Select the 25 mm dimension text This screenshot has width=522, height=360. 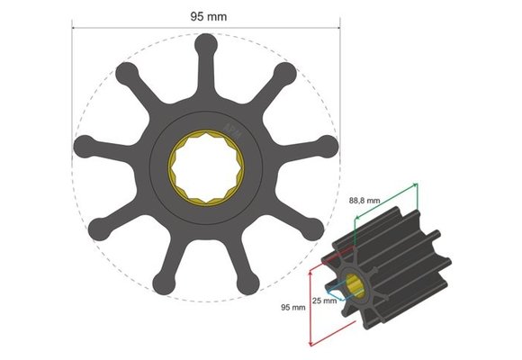tap(324, 300)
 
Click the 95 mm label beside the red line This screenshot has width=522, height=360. tap(292, 307)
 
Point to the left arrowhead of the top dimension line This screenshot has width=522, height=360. tap(75, 25)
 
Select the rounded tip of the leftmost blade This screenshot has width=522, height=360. tap(84, 146)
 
